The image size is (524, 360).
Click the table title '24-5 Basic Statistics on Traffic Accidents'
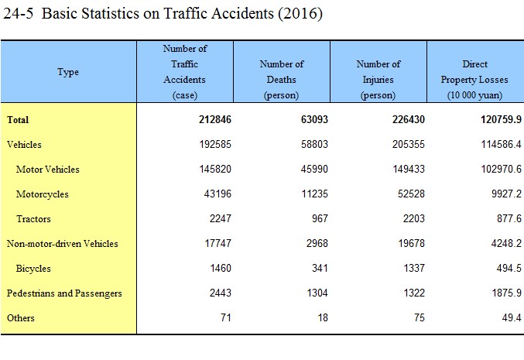163,14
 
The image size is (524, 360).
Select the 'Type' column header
68,72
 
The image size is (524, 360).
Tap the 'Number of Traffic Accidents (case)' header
185,71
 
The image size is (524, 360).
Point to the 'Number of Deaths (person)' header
282,80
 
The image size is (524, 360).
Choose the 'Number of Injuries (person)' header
378,80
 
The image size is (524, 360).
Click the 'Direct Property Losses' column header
474,80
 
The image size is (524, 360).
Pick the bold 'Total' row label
18,120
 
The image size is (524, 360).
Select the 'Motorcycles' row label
43,194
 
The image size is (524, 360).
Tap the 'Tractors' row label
34,219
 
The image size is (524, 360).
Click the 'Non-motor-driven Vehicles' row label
63,244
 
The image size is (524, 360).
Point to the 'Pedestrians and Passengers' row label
64,293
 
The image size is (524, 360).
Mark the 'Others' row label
21,318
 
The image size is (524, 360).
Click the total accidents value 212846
215,120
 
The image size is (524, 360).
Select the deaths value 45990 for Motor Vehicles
314,169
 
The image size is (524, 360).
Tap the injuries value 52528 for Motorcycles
411,194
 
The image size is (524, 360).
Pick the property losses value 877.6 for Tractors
509,218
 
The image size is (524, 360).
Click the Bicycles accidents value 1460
221,268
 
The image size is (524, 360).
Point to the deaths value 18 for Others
323,317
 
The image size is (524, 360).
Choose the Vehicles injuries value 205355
409,145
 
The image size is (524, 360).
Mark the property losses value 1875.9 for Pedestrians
507,293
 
